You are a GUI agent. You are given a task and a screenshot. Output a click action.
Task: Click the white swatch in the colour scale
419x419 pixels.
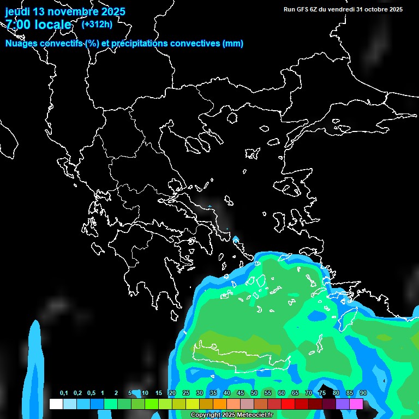[x=56, y=404]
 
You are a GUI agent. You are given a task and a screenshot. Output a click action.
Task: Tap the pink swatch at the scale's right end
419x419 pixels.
[x=356, y=404]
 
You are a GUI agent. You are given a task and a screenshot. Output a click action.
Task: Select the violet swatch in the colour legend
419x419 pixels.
[x=343, y=404]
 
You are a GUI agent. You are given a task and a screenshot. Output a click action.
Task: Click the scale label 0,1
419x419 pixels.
[x=64, y=393]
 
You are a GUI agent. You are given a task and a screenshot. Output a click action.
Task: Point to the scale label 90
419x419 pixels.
[x=363, y=393]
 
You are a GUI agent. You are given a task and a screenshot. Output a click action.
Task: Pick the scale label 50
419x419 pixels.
[x=254, y=393]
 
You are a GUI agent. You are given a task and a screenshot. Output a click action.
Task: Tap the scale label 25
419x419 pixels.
[x=186, y=393]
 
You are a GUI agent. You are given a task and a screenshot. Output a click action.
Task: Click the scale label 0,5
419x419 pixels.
[x=91, y=393]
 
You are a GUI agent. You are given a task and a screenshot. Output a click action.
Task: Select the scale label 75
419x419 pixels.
[x=322, y=393]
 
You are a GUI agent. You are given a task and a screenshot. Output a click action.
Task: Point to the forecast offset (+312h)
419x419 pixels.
[x=97, y=24]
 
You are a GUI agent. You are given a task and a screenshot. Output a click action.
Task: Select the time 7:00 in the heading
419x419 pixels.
[x=17, y=25]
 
